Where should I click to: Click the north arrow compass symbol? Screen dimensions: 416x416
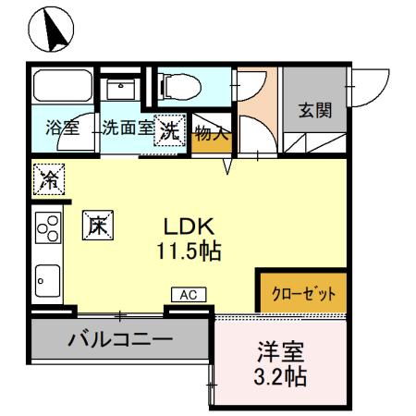(x=51, y=31)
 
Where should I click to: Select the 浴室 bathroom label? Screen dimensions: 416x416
(x=61, y=129)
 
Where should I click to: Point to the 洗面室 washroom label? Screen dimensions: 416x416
(x=127, y=129)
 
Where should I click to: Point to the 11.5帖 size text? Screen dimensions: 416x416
(x=192, y=251)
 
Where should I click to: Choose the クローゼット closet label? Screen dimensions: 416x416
(x=303, y=294)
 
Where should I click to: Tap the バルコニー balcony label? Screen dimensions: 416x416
(x=120, y=338)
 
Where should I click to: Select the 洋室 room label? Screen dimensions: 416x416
(x=279, y=353)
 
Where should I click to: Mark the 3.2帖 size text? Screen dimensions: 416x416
(x=279, y=377)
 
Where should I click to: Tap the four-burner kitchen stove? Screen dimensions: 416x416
(x=47, y=229)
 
